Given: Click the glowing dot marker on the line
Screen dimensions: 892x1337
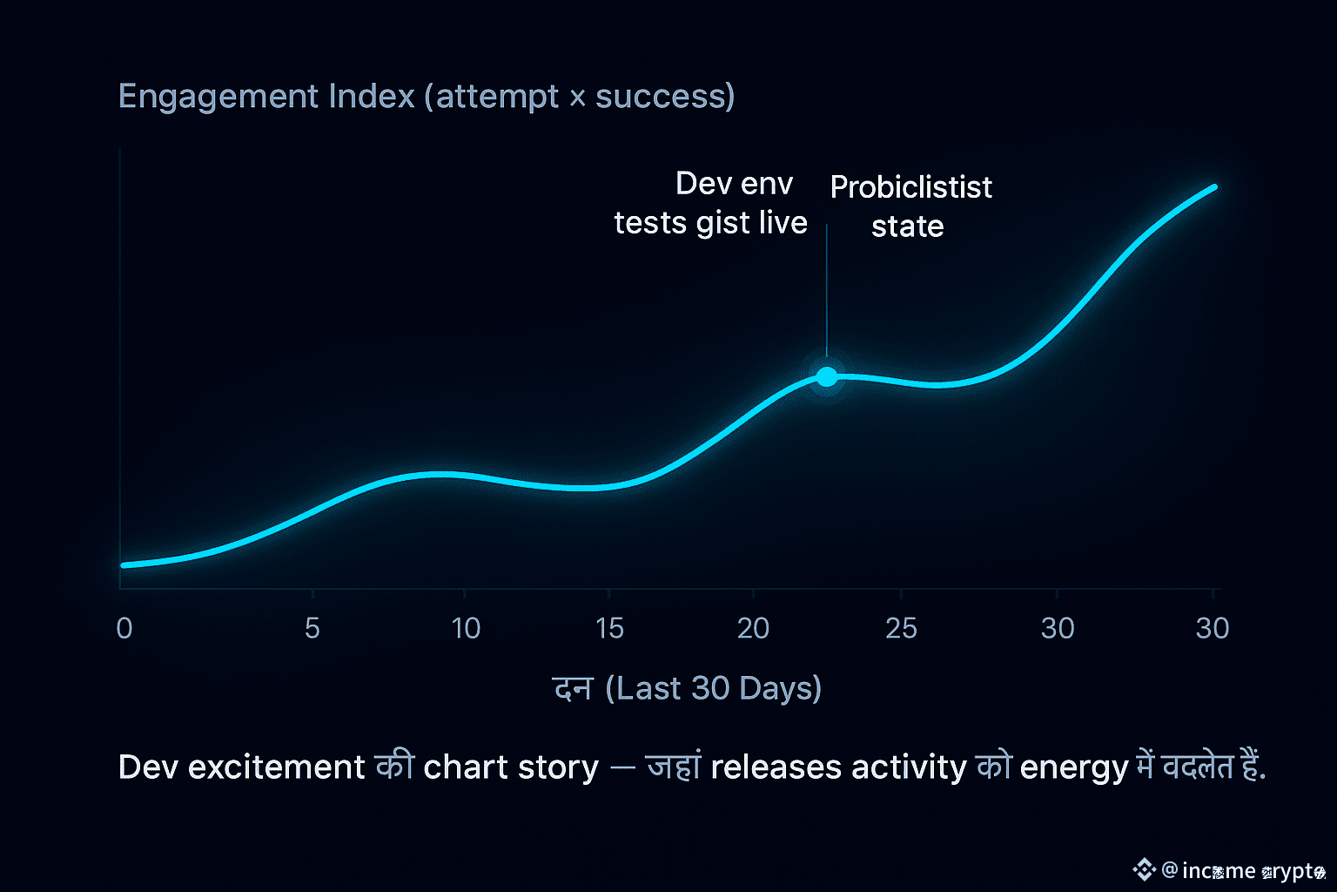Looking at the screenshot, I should [827, 376].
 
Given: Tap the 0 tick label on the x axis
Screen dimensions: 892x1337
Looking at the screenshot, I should [124, 628].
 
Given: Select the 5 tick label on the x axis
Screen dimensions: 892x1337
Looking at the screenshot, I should [312, 628].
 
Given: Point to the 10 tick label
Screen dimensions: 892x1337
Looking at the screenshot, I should [466, 628].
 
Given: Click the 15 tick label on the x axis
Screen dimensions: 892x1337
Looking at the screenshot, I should [609, 628].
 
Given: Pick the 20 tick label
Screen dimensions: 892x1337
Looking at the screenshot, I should [753, 628].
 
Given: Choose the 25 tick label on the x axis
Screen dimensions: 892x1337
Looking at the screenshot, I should [901, 628].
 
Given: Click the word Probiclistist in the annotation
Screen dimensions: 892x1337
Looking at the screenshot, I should [910, 187].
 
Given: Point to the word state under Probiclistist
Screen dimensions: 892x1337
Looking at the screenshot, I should [907, 226].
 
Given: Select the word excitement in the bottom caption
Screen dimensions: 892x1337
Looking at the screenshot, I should [276, 767].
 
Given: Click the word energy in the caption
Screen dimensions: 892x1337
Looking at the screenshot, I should [1073, 768].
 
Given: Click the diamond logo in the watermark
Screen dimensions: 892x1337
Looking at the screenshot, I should [1144, 869].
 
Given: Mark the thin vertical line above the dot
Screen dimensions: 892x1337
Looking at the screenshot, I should [827, 287].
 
